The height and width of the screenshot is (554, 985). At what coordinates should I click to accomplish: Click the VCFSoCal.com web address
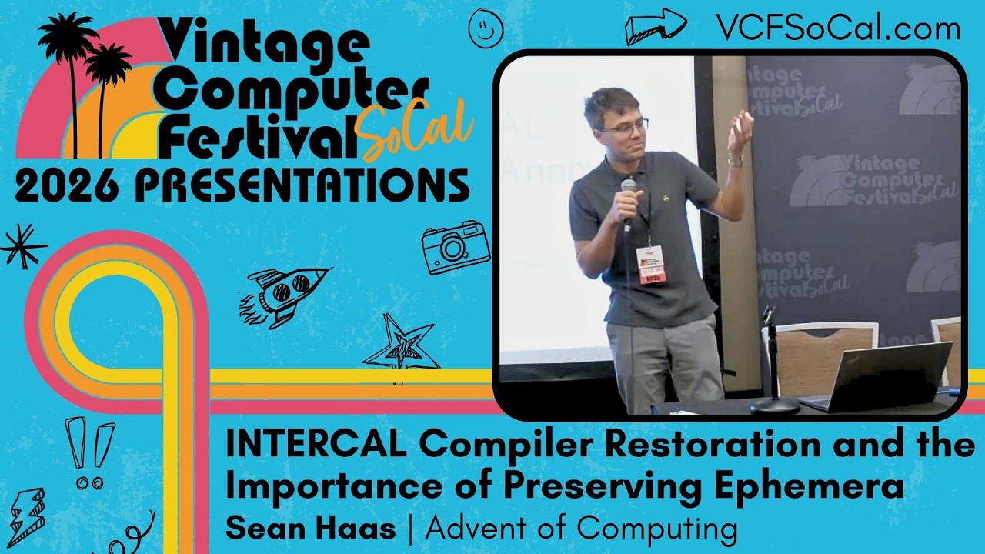[x=838, y=28]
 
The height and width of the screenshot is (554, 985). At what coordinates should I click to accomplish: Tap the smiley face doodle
[x=486, y=28]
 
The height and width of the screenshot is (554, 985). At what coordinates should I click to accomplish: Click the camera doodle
[x=456, y=247]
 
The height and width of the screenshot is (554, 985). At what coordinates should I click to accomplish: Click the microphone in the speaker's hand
[x=628, y=202]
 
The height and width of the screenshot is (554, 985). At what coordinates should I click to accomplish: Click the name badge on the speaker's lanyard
[x=651, y=265]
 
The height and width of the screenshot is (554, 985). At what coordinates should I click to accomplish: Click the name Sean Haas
[x=311, y=529]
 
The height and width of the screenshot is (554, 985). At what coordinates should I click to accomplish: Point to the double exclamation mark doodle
[x=91, y=453]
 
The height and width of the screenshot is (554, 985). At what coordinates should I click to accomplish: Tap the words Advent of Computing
[x=582, y=529]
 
